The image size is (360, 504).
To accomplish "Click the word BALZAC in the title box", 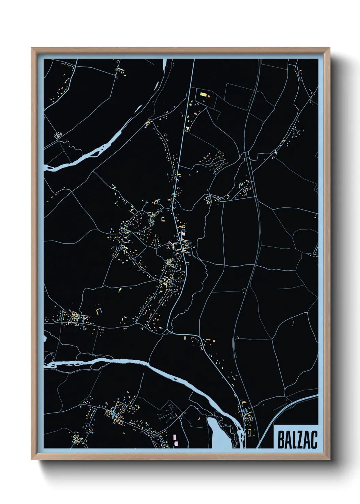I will [x=297, y=440].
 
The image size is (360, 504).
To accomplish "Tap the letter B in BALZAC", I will [x=281, y=440].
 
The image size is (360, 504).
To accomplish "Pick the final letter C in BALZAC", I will [x=314, y=440].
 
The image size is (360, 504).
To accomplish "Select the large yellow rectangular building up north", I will [x=203, y=94].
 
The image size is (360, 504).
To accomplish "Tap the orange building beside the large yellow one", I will [x=209, y=96].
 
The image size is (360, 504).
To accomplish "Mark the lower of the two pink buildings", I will [x=176, y=443].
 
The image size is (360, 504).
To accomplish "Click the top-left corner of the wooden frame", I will [x=32, y=48].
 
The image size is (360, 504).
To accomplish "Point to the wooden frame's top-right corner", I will [x=329, y=48].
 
